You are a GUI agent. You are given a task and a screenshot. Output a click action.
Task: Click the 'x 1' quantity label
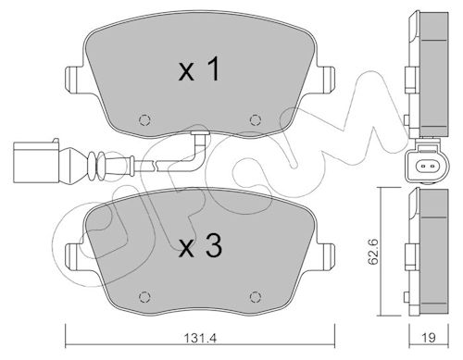199,69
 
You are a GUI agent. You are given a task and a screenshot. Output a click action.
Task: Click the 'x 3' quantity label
200,245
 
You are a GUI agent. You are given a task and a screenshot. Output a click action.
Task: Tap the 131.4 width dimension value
200,338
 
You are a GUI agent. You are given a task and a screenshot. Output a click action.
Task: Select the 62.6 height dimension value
374,252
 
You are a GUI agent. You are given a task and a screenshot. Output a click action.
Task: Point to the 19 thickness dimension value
429,338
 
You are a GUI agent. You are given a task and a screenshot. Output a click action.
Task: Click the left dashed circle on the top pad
144,119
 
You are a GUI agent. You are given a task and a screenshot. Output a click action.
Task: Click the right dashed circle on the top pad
256,119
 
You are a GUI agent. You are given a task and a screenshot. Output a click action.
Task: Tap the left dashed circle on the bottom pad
144,297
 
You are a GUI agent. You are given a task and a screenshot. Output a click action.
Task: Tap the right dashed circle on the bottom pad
256,297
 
